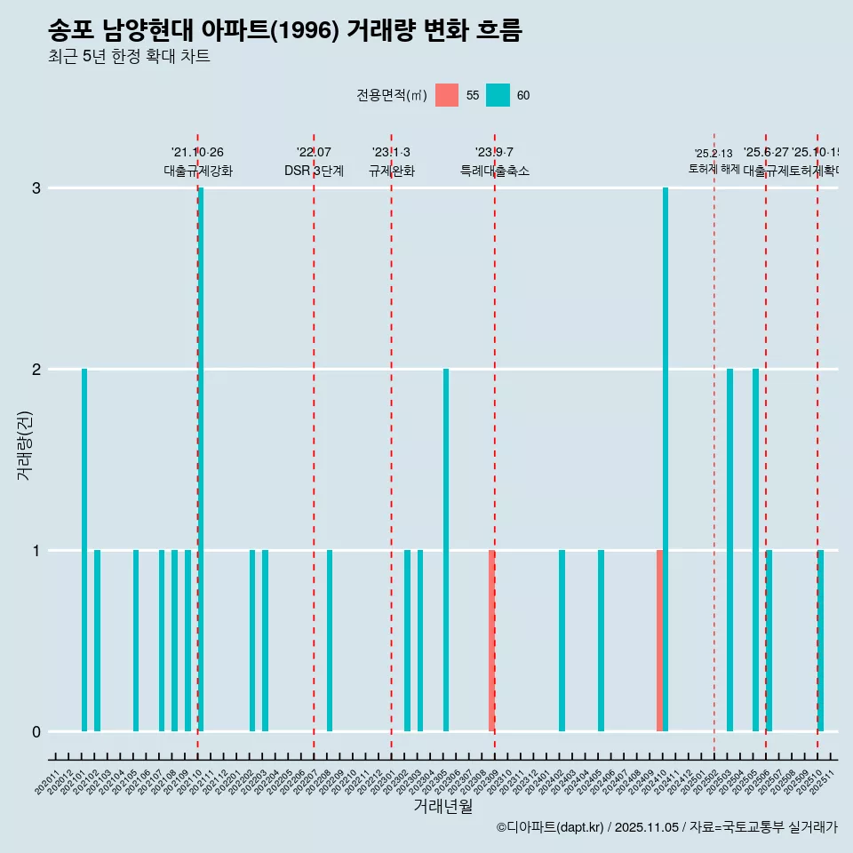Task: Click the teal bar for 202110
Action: click(201, 459)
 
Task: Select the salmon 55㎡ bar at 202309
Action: click(491, 641)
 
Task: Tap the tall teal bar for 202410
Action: click(666, 459)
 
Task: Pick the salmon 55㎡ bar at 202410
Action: click(659, 641)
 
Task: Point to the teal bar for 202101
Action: click(84, 550)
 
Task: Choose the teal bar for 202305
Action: click(446, 550)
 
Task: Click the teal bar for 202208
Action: click(330, 641)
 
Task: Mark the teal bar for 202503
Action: click(729, 550)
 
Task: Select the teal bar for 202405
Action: click(601, 641)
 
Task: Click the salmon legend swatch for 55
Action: click(447, 95)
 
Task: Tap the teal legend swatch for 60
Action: click(498, 95)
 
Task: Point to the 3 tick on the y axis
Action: click(36, 188)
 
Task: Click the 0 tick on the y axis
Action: click(36, 732)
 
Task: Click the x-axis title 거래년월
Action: click(442, 806)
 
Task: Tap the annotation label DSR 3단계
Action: click(314, 171)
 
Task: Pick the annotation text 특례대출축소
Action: click(494, 171)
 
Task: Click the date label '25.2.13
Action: click(713, 154)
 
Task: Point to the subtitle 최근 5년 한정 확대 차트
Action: click(129, 57)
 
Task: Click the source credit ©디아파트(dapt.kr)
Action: click(550, 827)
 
